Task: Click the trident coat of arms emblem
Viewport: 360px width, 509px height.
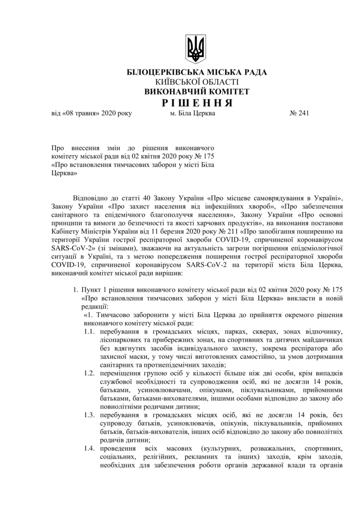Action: tap(194, 48)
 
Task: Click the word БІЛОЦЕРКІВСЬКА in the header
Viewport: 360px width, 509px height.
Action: tap(161, 73)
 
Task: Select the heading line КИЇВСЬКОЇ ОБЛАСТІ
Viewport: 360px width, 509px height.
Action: tap(196, 82)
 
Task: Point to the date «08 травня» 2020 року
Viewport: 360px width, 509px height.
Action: tap(92, 113)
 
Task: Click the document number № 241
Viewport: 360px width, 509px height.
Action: tap(299, 113)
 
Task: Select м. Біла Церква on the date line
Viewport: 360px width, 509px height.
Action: tap(192, 113)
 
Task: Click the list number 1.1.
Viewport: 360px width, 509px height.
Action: tap(89, 331)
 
